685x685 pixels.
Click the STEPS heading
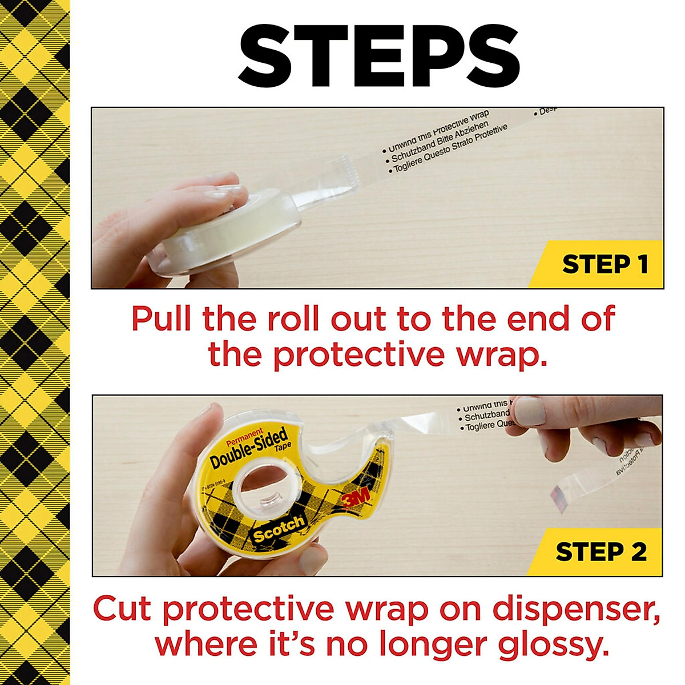click(378, 54)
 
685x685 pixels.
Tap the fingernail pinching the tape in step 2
click(530, 410)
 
